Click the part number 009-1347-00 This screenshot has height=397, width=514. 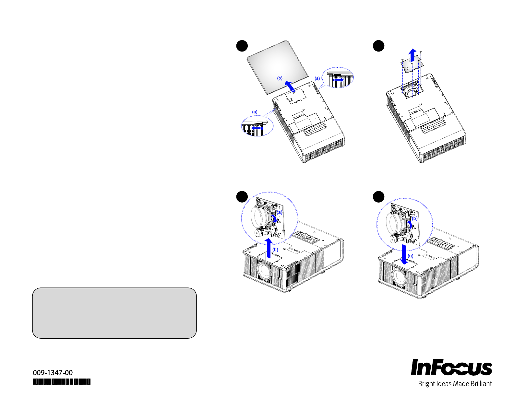pyautogui.click(x=53, y=373)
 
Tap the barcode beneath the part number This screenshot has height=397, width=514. pyautogui.click(x=61, y=382)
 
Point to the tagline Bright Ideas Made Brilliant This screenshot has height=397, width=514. pyautogui.click(x=455, y=384)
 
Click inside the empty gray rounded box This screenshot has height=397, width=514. pyautogui.click(x=114, y=313)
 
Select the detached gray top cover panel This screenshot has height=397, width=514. pyautogui.click(x=277, y=64)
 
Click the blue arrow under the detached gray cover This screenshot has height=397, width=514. pyautogui.click(x=290, y=87)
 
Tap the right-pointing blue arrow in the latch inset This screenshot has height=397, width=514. pyautogui.click(x=339, y=79)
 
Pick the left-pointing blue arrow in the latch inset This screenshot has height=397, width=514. pyautogui.click(x=257, y=128)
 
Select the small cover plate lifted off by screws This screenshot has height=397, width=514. pyautogui.click(x=410, y=66)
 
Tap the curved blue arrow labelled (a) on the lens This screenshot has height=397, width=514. pyautogui.click(x=275, y=218)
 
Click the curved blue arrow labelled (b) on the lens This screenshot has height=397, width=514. pyautogui.click(x=410, y=224)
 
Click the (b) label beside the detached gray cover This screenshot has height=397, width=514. pyautogui.click(x=280, y=78)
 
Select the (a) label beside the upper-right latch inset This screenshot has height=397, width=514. pyautogui.click(x=317, y=78)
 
